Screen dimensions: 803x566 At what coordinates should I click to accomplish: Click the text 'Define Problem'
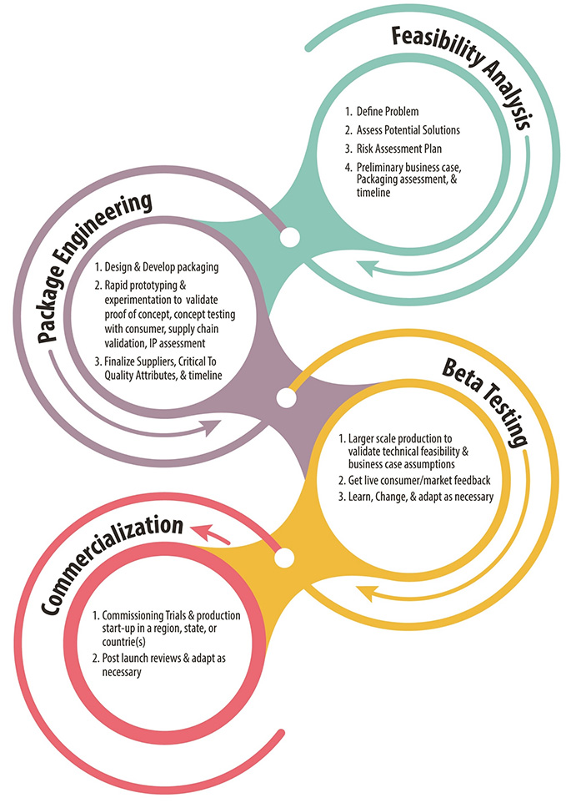(x=393, y=111)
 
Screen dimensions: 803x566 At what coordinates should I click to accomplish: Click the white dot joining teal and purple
(x=289, y=240)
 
